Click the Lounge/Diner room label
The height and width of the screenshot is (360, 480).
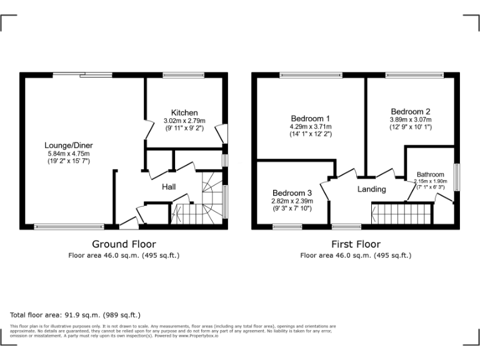pyautogui.click(x=69, y=146)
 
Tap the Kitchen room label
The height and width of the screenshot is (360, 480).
pyautogui.click(x=184, y=112)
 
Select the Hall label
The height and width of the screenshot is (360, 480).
pyautogui.click(x=169, y=187)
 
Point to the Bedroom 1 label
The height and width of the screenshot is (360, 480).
pyautogui.click(x=311, y=118)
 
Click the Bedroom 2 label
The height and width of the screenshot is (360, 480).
pyautogui.click(x=410, y=112)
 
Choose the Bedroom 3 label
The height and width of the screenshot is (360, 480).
pyautogui.click(x=292, y=192)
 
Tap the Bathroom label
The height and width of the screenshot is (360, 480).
pyautogui.click(x=431, y=174)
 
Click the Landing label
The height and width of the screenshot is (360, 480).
pyautogui.click(x=371, y=189)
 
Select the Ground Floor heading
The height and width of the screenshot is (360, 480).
pyautogui.click(x=124, y=244)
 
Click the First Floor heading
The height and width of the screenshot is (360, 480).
pyautogui.click(x=356, y=244)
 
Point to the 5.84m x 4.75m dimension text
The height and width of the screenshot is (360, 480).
pyautogui.click(x=69, y=154)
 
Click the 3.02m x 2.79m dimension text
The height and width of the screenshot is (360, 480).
pyautogui.click(x=184, y=121)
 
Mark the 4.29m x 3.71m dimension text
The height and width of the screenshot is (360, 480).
pyautogui.click(x=311, y=126)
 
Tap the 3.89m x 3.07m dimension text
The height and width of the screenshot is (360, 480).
pyautogui.click(x=410, y=120)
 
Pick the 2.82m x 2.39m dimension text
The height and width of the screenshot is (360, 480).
pyautogui.click(x=292, y=201)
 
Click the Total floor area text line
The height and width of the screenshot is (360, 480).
pyautogui.click(x=76, y=315)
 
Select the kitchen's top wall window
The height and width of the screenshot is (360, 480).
pyautogui.click(x=184, y=75)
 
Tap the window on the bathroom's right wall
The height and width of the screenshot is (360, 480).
pyautogui.click(x=457, y=176)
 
